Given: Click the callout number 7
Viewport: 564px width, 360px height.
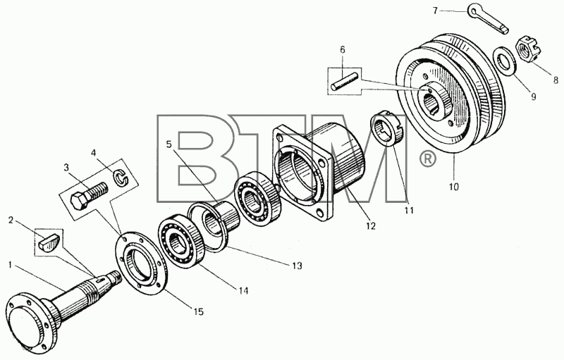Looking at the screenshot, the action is point(435,11).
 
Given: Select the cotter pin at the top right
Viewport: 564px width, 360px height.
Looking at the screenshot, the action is point(488,20).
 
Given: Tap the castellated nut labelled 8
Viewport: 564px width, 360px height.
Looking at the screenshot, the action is point(527,51).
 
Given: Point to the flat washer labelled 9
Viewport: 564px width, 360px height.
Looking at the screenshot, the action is point(505,58).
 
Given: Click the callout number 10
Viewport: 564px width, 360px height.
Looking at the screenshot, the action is point(453,187).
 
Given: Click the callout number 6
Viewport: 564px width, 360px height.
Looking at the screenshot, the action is point(342,50).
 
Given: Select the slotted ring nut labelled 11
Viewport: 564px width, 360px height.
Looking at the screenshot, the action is point(388,129).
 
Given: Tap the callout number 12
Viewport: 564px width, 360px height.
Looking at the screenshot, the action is point(371,225).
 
